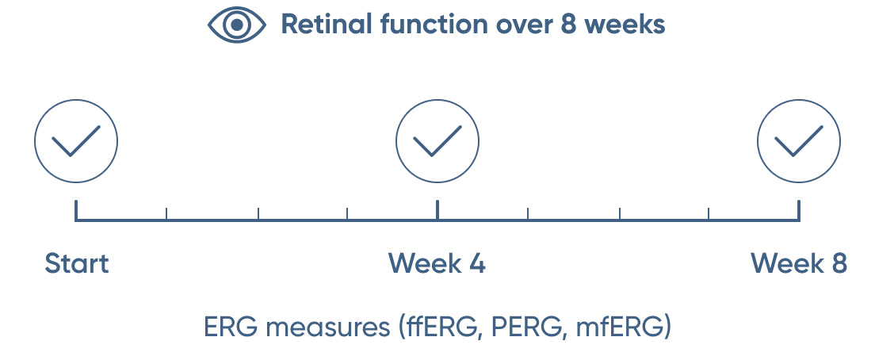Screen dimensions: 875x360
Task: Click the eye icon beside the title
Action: point(237,25)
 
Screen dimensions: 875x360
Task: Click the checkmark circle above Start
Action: point(76,141)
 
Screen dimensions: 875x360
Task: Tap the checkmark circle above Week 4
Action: point(437,141)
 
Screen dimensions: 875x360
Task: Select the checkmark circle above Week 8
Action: point(799,141)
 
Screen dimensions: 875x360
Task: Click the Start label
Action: point(76,263)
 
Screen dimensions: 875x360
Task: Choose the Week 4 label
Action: point(437,263)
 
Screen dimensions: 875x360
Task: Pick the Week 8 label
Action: point(799,263)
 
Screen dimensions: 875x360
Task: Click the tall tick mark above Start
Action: point(76,210)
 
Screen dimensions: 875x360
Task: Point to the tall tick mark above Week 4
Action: point(437,210)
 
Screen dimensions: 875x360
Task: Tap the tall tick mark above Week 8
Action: point(799,210)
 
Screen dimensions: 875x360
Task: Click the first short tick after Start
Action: point(166,214)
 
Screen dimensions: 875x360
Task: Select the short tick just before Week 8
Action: point(709,214)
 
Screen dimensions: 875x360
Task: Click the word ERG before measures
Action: point(231,327)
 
